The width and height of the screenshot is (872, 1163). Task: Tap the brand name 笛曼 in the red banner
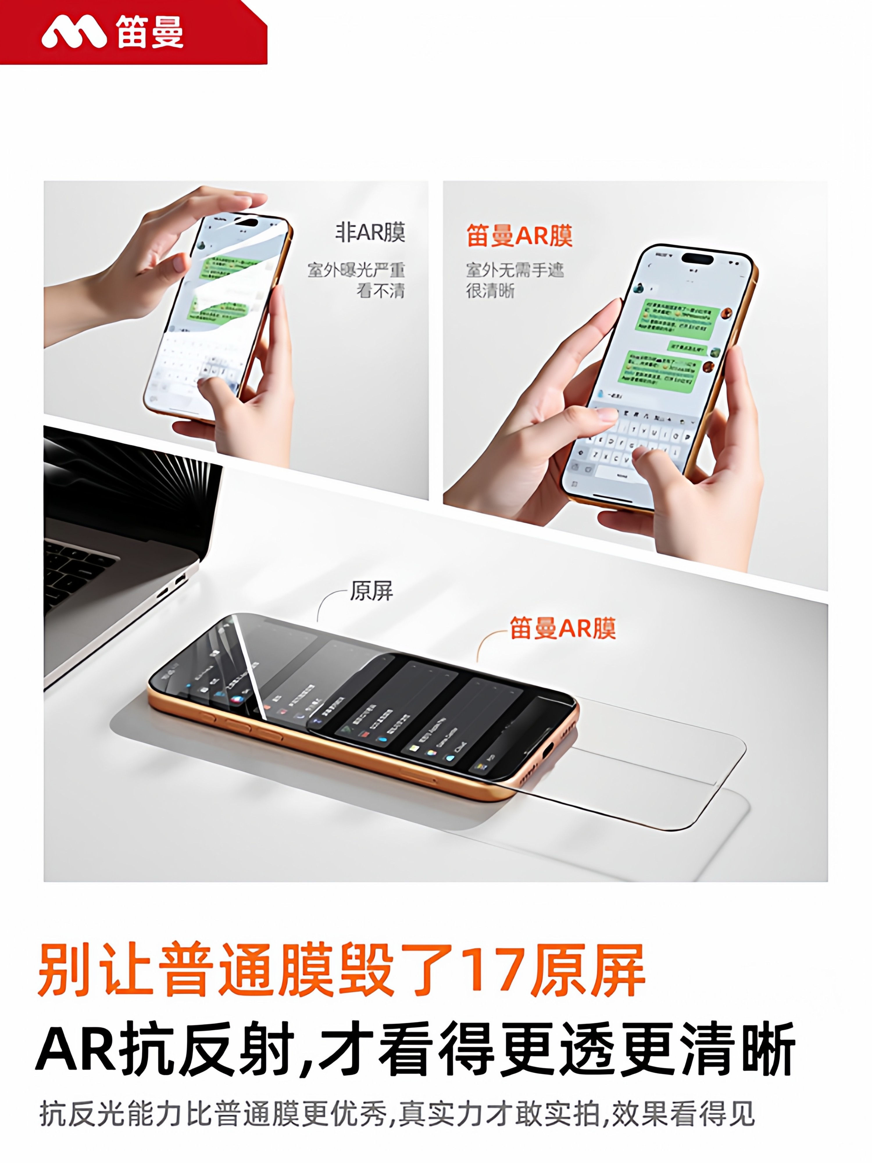(x=150, y=33)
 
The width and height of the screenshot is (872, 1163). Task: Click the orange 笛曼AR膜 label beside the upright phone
(x=519, y=236)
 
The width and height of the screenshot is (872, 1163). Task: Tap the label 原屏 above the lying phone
(x=371, y=591)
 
